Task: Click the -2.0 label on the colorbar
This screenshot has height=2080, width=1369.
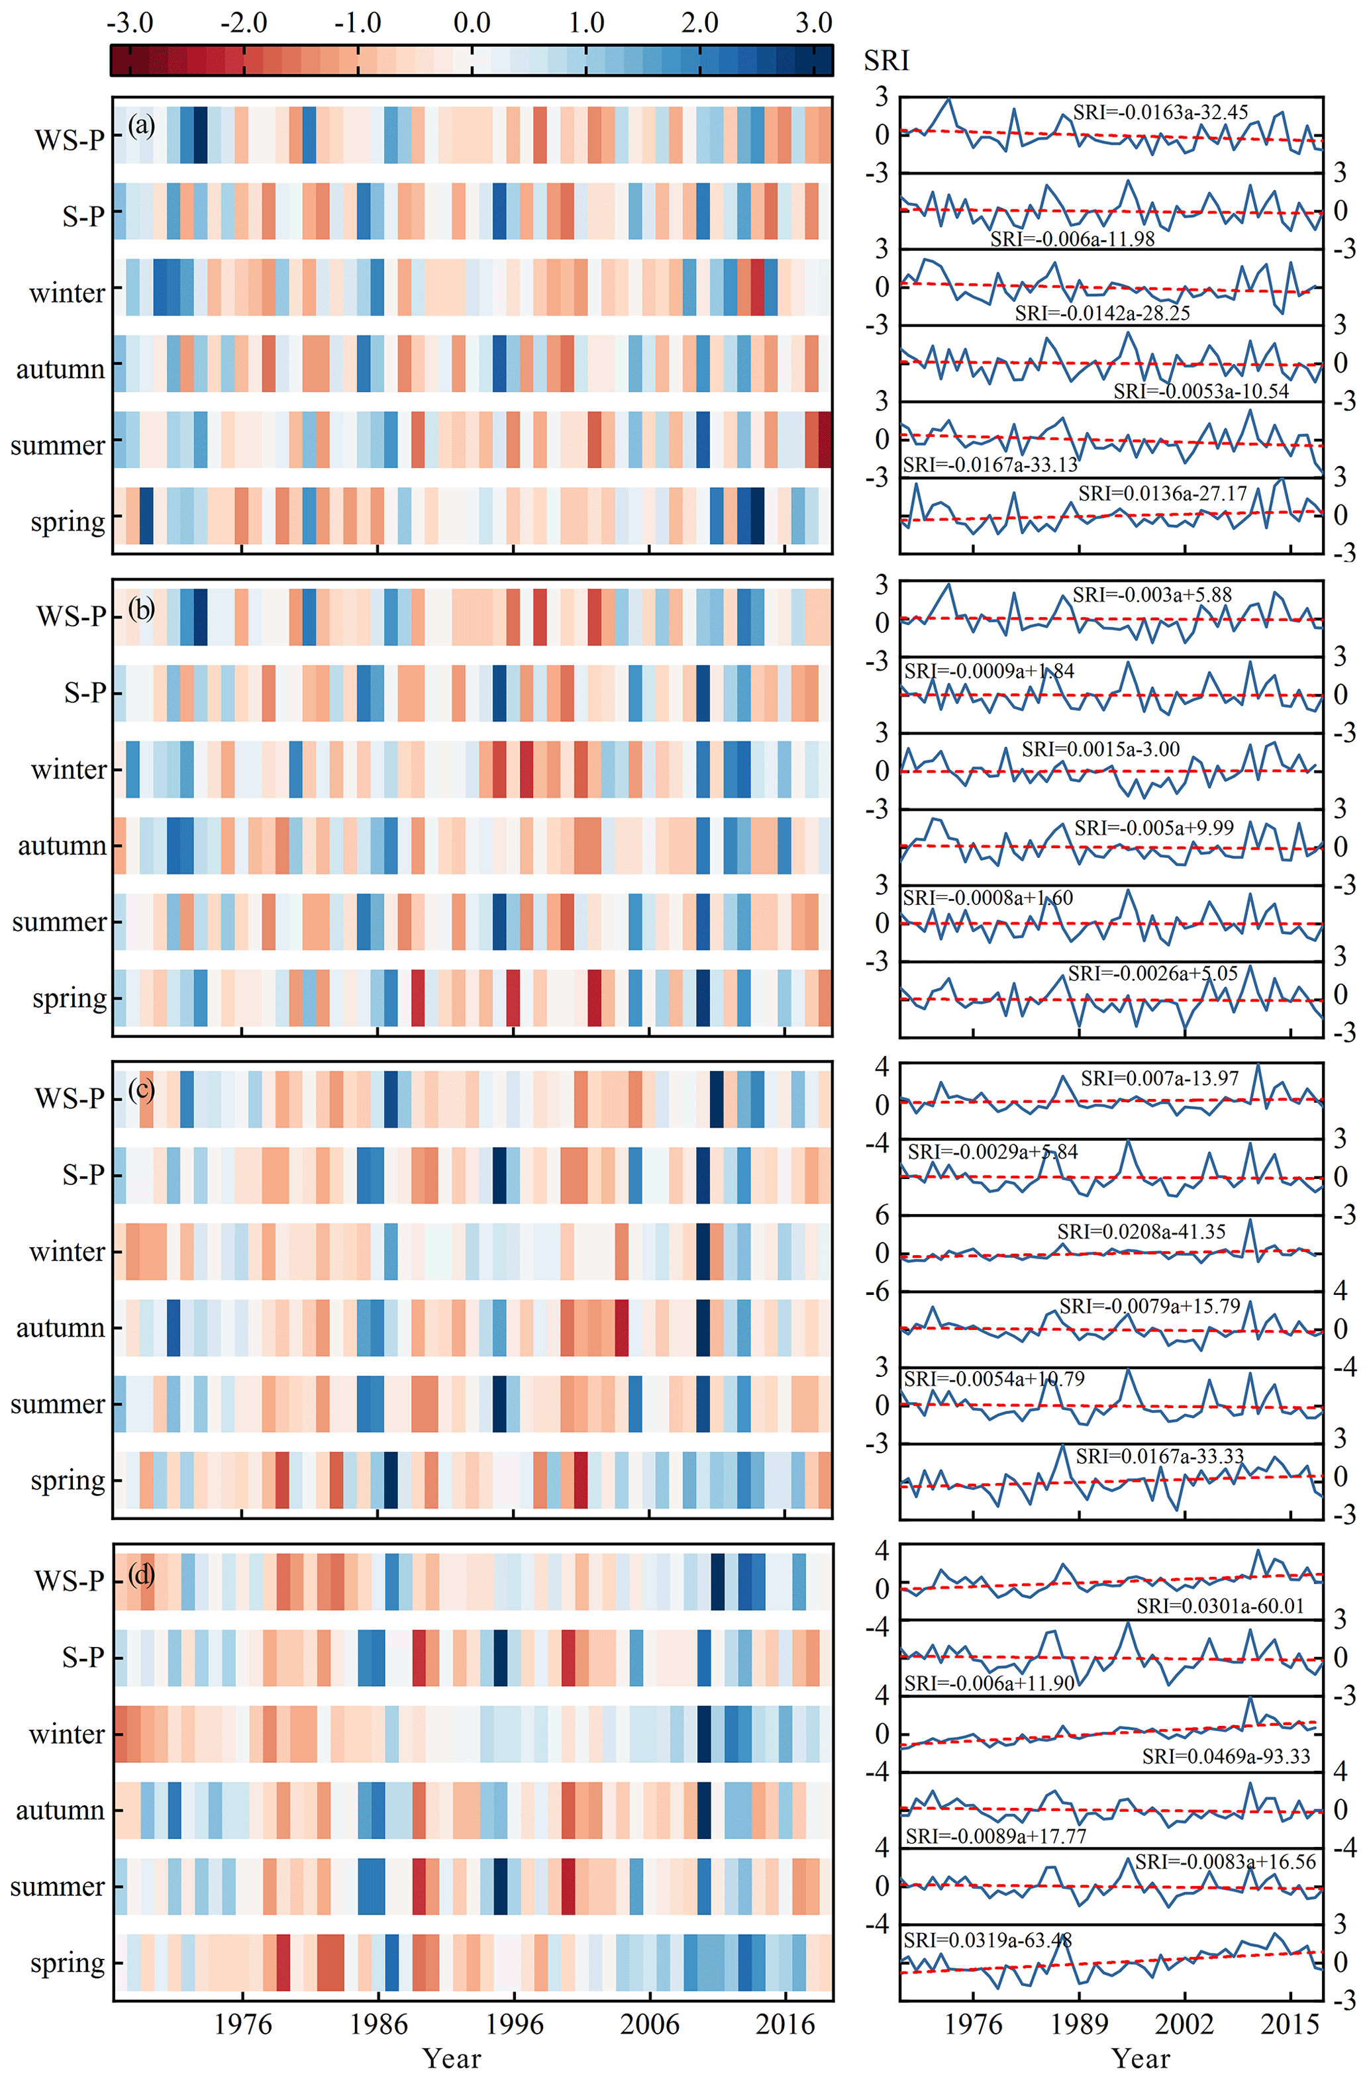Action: click(x=243, y=22)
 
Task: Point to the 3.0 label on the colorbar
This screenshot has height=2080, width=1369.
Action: click(x=813, y=22)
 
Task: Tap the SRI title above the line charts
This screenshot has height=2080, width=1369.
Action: click(x=886, y=60)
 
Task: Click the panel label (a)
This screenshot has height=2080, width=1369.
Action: click(x=142, y=126)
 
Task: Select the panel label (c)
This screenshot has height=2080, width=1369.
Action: click(x=142, y=1089)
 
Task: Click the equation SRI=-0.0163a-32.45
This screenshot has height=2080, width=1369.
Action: click(x=1160, y=112)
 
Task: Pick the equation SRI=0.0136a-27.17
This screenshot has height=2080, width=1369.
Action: click(x=1162, y=494)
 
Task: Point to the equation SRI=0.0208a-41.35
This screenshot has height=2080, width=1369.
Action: click(x=1141, y=1231)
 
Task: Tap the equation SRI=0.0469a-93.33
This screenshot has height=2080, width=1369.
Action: click(x=1226, y=1757)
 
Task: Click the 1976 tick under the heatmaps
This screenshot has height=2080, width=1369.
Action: click(x=243, y=2024)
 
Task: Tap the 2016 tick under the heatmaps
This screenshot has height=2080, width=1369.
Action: click(x=785, y=2024)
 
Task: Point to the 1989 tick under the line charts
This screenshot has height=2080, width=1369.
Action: click(x=1080, y=2024)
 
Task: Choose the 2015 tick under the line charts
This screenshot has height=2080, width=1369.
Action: click(x=1290, y=2024)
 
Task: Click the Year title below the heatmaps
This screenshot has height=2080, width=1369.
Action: click(x=451, y=2058)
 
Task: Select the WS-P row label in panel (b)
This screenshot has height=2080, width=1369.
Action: click(x=70, y=616)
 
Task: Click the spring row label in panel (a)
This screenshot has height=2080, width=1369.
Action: click(x=68, y=522)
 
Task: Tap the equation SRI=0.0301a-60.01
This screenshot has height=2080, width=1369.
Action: click(x=1219, y=1605)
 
